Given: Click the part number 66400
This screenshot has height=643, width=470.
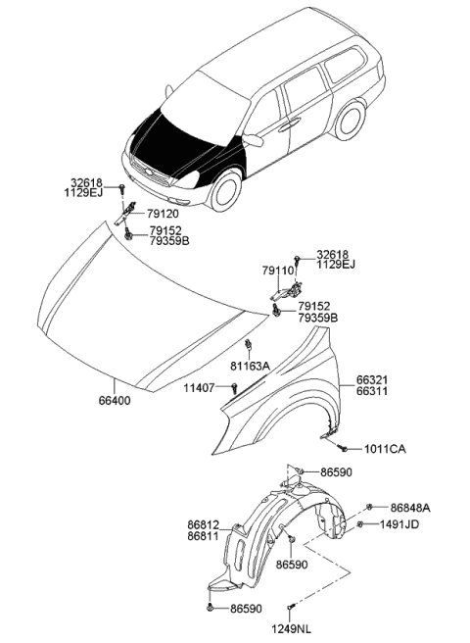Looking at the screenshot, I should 114,401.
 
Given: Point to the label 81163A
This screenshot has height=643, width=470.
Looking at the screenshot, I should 251,367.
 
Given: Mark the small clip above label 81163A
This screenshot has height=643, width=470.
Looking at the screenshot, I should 250,344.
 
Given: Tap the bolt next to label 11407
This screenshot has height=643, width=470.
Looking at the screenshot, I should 236,389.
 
